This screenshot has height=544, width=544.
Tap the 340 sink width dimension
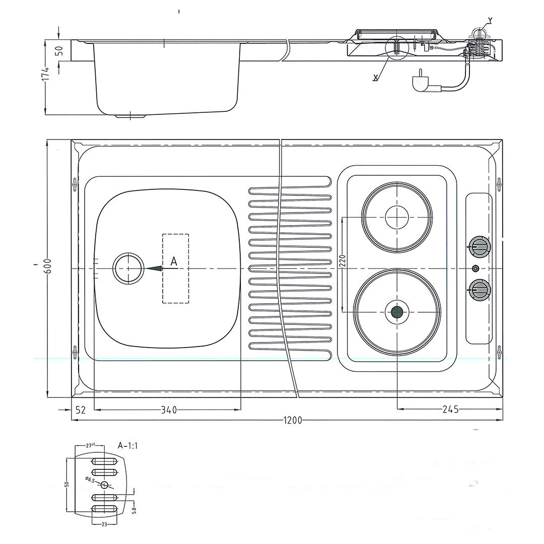pos(169,410)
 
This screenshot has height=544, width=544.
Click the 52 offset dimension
pos(81,410)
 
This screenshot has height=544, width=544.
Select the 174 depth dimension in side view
pos(46,73)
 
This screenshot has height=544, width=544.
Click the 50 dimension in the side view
pos(58,50)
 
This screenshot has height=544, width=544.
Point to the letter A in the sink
pos(174,260)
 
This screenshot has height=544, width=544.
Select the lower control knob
pos(479,290)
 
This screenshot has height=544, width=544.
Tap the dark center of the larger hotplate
pos(397,312)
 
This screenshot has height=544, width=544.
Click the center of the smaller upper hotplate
pos(397,217)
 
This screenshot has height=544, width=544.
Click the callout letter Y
pos(490,21)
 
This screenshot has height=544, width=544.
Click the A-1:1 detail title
pos(128,445)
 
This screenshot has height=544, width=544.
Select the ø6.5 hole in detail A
pos(104,485)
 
